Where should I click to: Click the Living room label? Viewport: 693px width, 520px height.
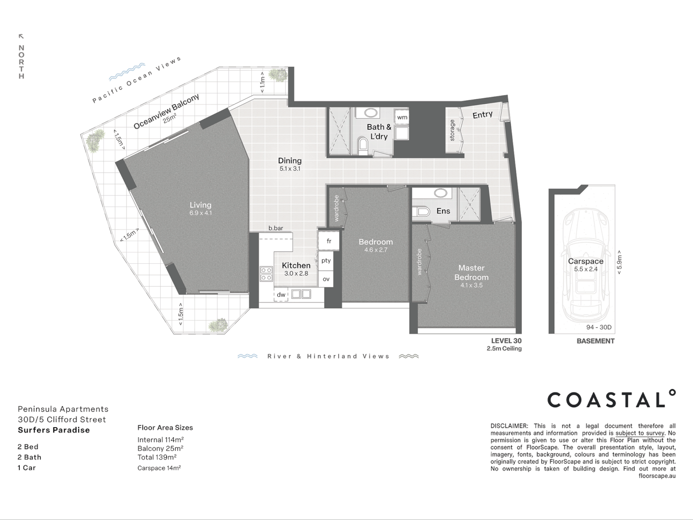tap(200, 206)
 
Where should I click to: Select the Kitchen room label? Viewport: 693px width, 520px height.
tap(296, 266)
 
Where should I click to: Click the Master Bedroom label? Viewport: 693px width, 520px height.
tap(471, 273)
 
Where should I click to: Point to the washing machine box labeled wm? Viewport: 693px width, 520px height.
tap(402, 117)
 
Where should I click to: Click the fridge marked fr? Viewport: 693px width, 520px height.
tap(329, 241)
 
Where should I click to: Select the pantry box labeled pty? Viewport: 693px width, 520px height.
tap(326, 260)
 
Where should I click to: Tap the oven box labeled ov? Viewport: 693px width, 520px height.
tap(326, 279)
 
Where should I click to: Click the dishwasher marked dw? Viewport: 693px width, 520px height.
tap(281, 295)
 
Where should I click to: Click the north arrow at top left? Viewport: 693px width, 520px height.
tap(21, 37)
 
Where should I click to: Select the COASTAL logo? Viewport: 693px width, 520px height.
tap(611, 400)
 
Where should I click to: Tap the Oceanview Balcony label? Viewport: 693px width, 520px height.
tap(166, 111)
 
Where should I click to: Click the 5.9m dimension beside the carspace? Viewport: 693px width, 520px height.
tap(619, 262)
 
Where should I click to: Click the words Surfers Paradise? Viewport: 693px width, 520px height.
tap(54, 430)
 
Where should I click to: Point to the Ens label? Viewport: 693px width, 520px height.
tap(443, 211)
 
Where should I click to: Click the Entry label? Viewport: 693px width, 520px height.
tap(482, 115)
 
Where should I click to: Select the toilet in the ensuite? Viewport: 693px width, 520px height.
tap(423, 211)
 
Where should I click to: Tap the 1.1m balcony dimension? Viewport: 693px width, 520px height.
tap(262, 84)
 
